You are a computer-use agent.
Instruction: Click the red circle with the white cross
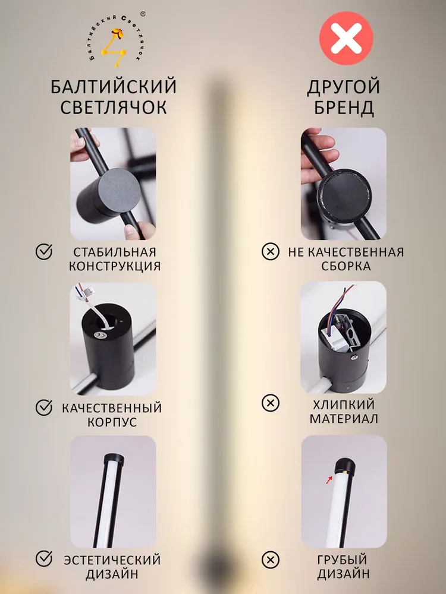point(346,38)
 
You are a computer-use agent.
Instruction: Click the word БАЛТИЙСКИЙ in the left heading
point(114,87)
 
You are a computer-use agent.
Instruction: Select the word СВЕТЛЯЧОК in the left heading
point(114,107)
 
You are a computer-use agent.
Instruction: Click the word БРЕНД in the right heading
point(344,108)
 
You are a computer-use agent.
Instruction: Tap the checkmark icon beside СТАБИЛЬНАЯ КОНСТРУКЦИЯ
point(44,251)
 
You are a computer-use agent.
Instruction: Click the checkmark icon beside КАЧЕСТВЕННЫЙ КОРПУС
point(44,407)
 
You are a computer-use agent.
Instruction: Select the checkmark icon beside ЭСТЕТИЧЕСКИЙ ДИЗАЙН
point(44,559)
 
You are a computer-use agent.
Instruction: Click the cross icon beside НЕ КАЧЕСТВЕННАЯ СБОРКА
point(271,251)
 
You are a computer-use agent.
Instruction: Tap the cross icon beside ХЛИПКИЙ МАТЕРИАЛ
point(271,403)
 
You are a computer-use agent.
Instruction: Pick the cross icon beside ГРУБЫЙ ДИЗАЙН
point(271,560)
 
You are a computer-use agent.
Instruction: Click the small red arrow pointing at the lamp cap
point(329,480)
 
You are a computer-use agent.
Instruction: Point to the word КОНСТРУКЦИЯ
point(115,266)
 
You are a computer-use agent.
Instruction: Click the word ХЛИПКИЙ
point(344,405)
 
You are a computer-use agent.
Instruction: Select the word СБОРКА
point(346,266)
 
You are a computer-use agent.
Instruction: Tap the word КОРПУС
point(112,422)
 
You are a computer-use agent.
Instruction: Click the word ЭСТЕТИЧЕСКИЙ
point(112,560)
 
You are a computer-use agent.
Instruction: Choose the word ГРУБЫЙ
point(342,559)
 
